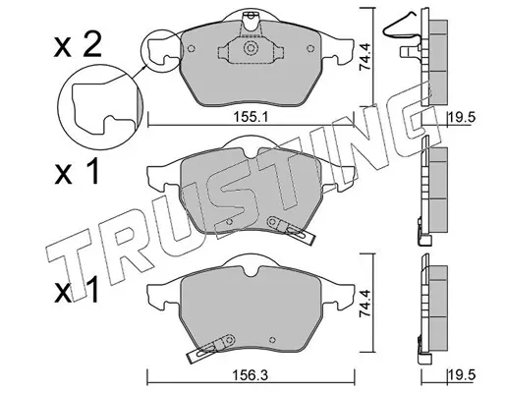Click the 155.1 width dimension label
click(x=251, y=117)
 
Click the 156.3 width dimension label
click(x=251, y=375)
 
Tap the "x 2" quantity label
click(x=78, y=47)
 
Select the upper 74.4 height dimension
click(x=365, y=57)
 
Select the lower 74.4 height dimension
click(x=365, y=303)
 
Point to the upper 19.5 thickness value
click(x=462, y=117)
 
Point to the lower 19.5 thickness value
click(x=462, y=375)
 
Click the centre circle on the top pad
click(x=251, y=48)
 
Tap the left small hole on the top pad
click(x=192, y=48)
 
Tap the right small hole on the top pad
click(x=310, y=48)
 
